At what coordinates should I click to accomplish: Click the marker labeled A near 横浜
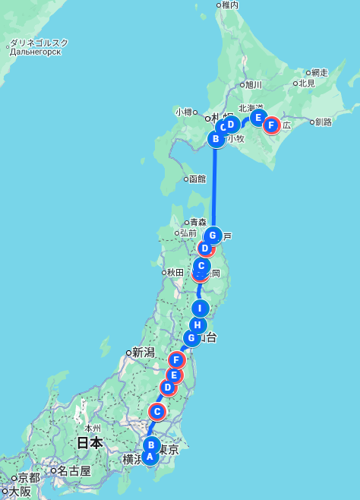150,457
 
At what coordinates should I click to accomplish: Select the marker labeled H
197,325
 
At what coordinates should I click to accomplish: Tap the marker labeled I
200,308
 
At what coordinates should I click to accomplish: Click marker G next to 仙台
191,337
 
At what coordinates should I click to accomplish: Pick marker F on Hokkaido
271,125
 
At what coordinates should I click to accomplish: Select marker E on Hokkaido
258,118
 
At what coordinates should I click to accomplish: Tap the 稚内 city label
229,5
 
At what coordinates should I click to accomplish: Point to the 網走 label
319,73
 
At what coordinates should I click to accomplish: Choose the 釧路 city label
323,122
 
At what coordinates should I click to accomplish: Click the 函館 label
197,179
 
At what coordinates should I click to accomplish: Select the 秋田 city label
175,272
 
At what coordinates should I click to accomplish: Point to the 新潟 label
144,352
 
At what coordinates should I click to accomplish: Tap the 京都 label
29,478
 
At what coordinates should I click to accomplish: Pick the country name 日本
90,442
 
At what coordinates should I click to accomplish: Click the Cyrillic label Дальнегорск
35,52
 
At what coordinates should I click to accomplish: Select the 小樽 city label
185,112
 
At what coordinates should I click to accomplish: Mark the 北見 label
306,84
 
